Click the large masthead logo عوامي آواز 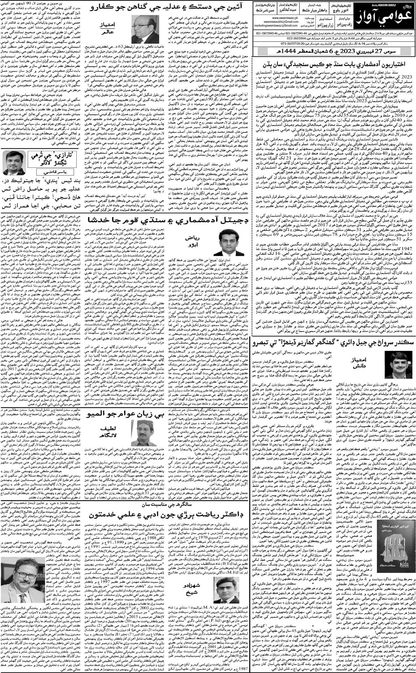click(385, 21)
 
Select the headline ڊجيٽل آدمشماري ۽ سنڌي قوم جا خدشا click(166, 220)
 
